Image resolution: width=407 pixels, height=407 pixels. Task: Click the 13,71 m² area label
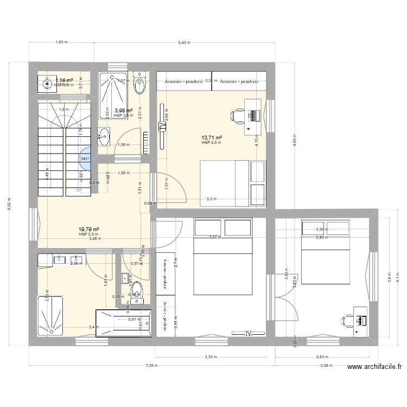point(212,138)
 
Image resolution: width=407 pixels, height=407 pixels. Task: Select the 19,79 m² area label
point(90,229)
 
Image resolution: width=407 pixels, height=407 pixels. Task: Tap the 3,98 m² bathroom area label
point(123,110)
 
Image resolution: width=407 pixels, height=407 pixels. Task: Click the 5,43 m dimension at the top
point(185,43)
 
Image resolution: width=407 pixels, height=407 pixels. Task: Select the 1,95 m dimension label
point(61,43)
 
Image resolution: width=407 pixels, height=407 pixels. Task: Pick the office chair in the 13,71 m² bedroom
point(237,115)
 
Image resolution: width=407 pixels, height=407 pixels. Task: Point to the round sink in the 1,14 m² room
point(45,84)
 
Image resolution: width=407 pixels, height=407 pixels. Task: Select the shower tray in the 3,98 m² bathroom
point(113,95)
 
